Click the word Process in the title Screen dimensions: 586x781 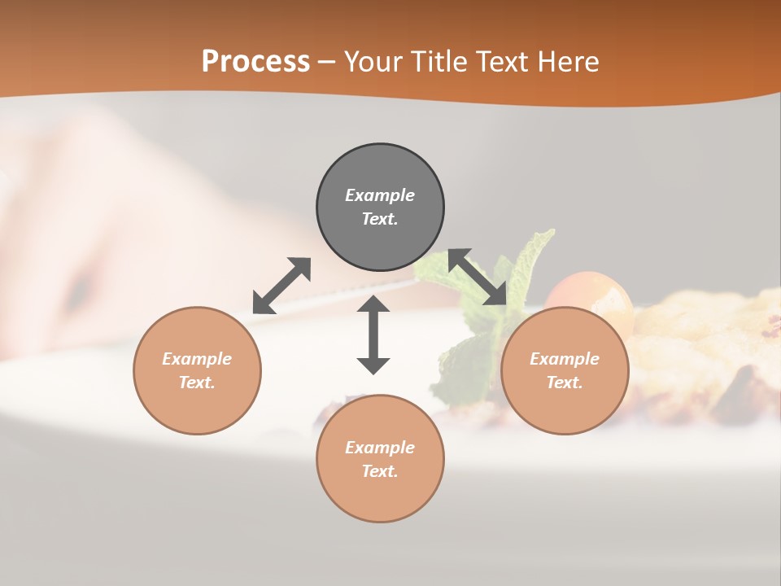tap(255, 62)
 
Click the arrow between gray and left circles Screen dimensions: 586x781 tap(281, 286)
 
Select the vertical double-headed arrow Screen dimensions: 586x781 tap(373, 335)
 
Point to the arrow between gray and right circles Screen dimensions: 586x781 tap(478, 277)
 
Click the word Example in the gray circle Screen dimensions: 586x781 tap(380, 195)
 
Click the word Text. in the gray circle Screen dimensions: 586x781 tap(380, 219)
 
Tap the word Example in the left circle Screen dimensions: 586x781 tap(197, 359)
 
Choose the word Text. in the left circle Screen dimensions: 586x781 tap(197, 383)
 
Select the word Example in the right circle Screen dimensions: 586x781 tap(565, 359)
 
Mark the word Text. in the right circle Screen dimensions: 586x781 tap(565, 383)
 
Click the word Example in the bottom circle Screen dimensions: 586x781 tap(380, 448)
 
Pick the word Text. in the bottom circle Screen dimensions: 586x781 tap(380, 471)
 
